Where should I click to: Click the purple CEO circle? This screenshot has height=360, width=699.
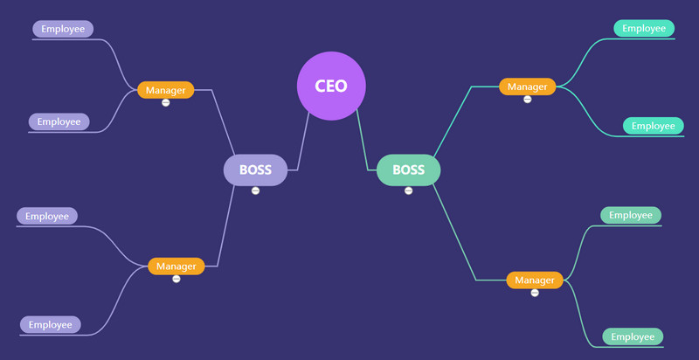click(331, 86)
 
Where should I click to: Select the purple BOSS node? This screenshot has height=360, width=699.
click(255, 170)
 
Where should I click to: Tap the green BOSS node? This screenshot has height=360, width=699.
click(408, 170)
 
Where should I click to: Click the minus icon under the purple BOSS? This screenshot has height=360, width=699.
click(255, 190)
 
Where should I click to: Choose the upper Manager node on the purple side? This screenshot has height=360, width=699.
click(165, 90)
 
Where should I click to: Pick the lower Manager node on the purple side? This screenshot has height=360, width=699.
click(176, 266)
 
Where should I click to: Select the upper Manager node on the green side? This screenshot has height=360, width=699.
click(527, 87)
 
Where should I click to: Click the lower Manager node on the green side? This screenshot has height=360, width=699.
click(535, 280)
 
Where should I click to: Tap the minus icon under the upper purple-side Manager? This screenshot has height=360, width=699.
click(165, 103)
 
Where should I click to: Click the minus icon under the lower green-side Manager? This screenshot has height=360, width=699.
click(535, 293)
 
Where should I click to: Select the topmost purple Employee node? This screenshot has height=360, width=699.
click(63, 29)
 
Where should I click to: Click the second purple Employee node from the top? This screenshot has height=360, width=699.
click(59, 121)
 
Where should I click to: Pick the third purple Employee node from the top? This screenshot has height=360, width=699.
click(47, 216)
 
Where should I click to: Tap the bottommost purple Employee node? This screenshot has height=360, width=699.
click(50, 324)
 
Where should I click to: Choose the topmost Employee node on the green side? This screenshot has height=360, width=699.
click(644, 28)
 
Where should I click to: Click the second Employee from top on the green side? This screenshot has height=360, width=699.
click(654, 126)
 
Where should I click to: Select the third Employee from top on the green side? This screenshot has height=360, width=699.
click(631, 215)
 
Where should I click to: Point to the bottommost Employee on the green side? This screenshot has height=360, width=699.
click(633, 336)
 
